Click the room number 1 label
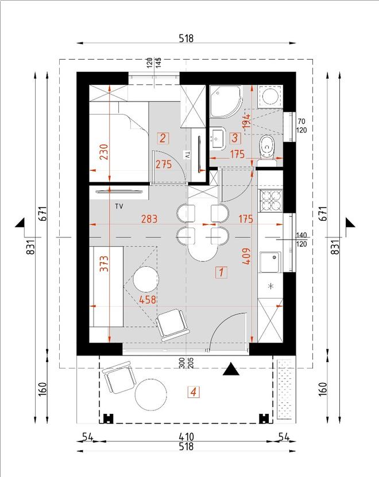coord(221,272)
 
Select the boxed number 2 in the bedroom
coord(163,138)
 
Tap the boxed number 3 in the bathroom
coord(235,138)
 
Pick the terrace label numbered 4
coord(194,392)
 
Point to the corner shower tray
coord(226,101)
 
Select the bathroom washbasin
coord(217,138)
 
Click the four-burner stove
coord(270,201)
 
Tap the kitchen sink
coord(270,262)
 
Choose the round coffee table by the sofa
coord(146,279)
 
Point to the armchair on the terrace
coord(119,377)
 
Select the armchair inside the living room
coord(172,325)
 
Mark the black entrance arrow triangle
coord(231,369)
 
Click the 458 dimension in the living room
coord(148,300)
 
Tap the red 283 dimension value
coord(149,219)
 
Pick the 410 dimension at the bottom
coord(186,437)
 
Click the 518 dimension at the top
coord(186,38)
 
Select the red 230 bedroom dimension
coord(103,152)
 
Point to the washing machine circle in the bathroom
coord(270,96)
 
